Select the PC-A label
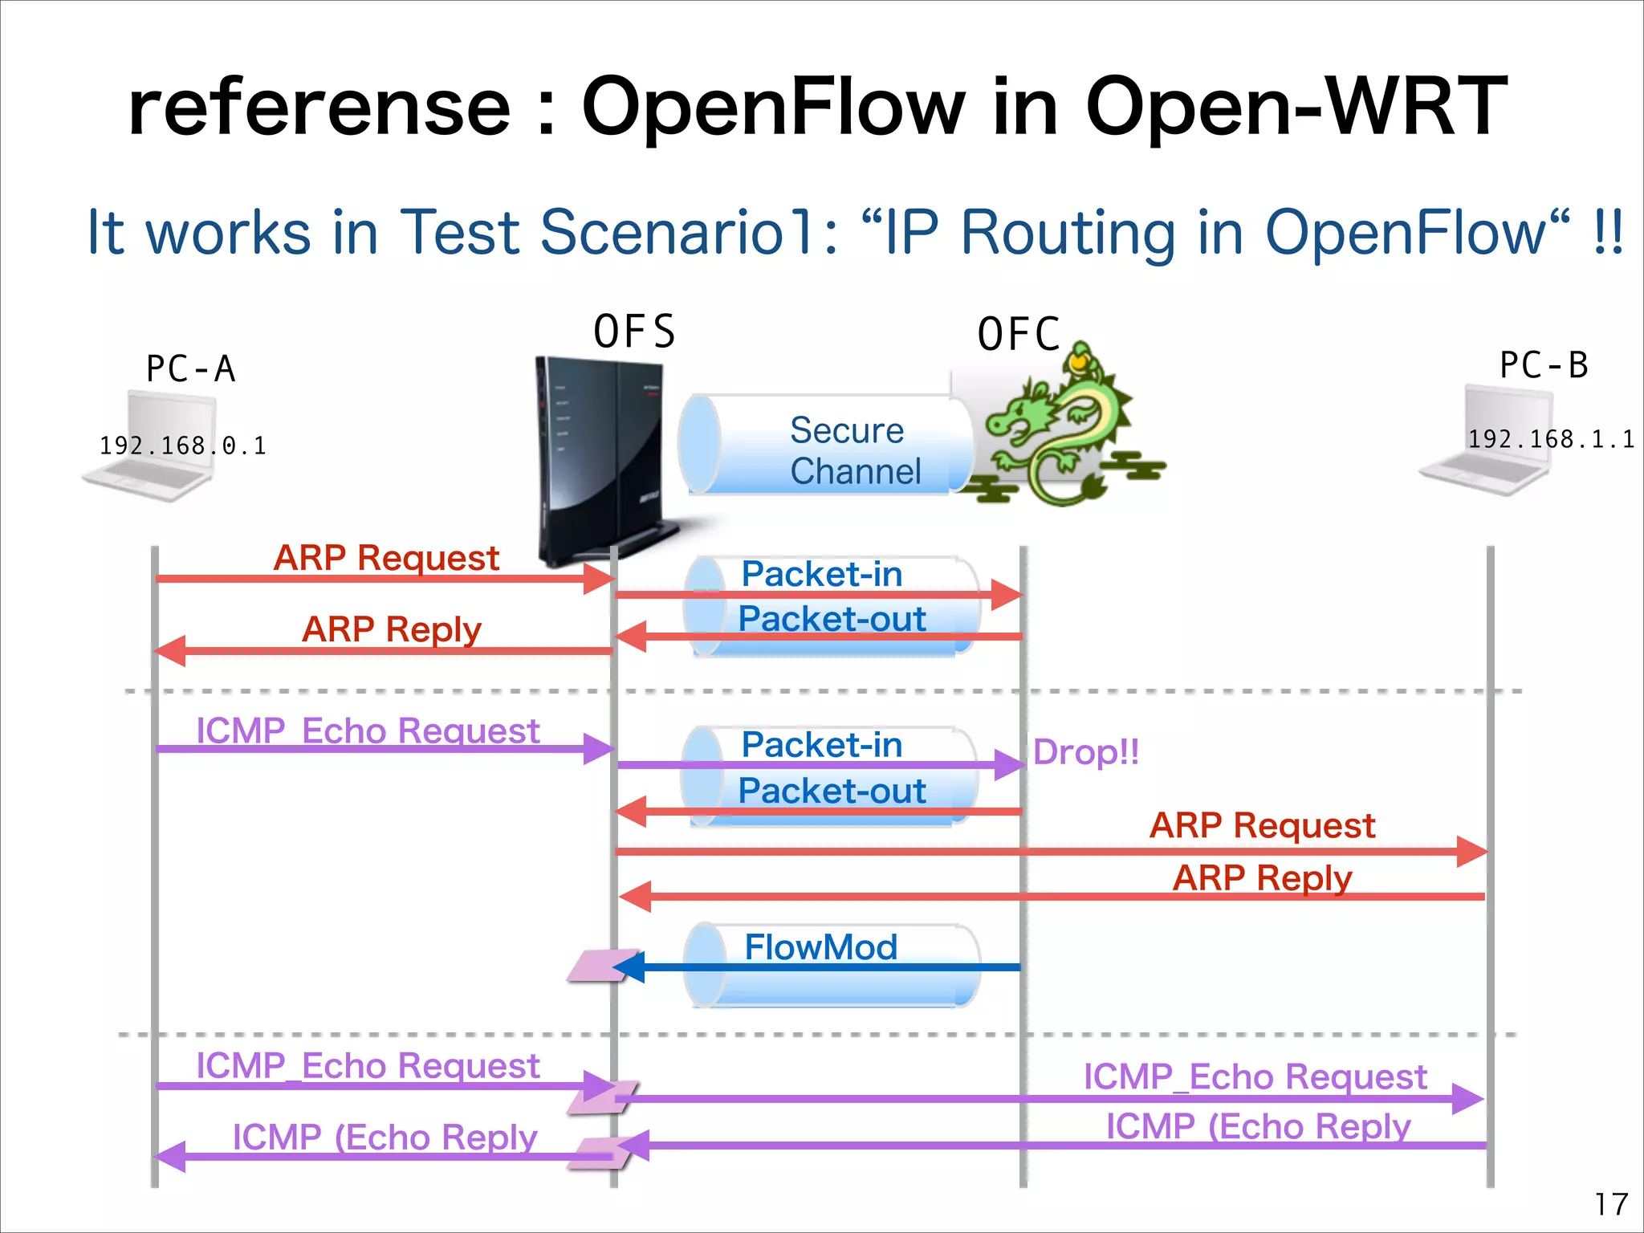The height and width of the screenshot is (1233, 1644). pyautogui.click(x=190, y=369)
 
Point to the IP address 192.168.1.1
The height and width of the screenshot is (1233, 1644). pyautogui.click(x=1550, y=439)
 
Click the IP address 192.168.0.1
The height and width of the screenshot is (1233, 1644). pyautogui.click(x=182, y=446)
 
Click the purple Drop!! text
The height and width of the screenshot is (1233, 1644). pyautogui.click(x=1085, y=752)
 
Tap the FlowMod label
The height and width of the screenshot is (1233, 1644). pyautogui.click(x=820, y=947)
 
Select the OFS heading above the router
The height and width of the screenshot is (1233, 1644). pyautogui.click(x=634, y=332)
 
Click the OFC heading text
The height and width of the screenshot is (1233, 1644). pyautogui.click(x=1018, y=334)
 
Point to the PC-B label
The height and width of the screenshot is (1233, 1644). pyautogui.click(x=1543, y=365)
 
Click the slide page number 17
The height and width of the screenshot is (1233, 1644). pyautogui.click(x=1610, y=1204)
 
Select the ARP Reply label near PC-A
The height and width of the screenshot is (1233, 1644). pyautogui.click(x=391, y=629)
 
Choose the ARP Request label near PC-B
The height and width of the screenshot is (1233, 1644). pyautogui.click(x=1262, y=825)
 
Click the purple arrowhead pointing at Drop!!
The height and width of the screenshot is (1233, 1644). pyautogui.click(x=1010, y=764)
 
